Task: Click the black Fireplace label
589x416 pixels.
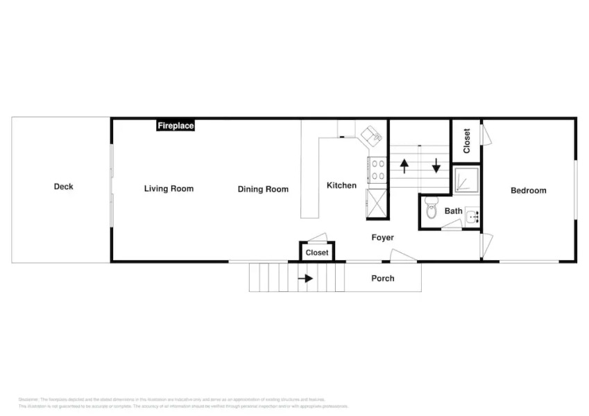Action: tap(176, 125)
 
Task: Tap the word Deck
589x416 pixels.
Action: tap(63, 187)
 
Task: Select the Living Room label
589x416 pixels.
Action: tap(169, 189)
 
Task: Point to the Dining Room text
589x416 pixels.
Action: tap(263, 189)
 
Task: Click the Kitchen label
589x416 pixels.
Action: tap(341, 185)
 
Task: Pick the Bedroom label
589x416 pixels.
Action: tap(528, 191)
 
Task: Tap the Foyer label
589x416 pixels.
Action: tap(382, 238)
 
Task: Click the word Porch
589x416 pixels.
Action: tap(382, 279)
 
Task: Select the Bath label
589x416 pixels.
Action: tap(454, 211)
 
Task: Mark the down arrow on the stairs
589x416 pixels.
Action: tap(436, 166)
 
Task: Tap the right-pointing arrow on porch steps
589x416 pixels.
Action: tap(305, 279)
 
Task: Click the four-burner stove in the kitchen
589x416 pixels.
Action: tap(378, 171)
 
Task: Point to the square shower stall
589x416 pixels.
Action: tap(465, 180)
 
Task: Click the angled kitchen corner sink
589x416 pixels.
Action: tap(372, 135)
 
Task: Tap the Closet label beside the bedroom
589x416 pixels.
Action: tap(466, 141)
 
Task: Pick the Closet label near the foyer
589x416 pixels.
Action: tap(317, 253)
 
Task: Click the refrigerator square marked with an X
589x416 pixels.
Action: tap(377, 205)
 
